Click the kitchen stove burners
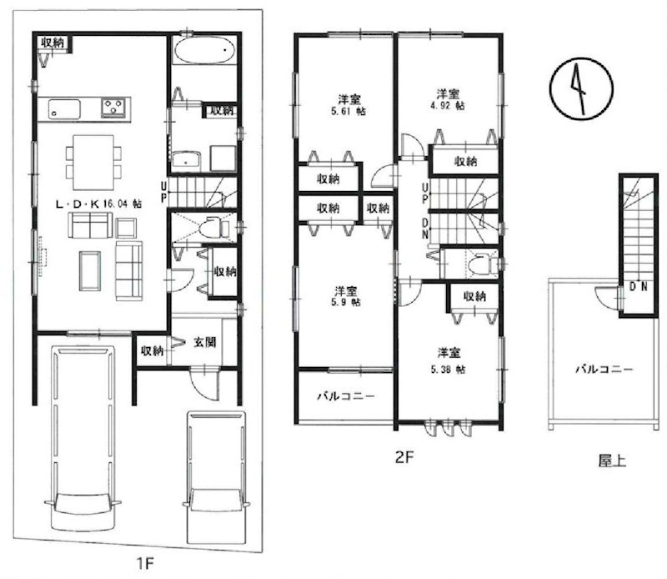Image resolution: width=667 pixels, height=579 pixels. tap(115, 107)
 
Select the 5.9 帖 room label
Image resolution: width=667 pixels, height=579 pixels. tap(346, 297)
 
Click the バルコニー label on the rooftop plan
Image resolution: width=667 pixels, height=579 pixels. tap(604, 368)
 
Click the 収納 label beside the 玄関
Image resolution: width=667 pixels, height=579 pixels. tap(151, 350)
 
